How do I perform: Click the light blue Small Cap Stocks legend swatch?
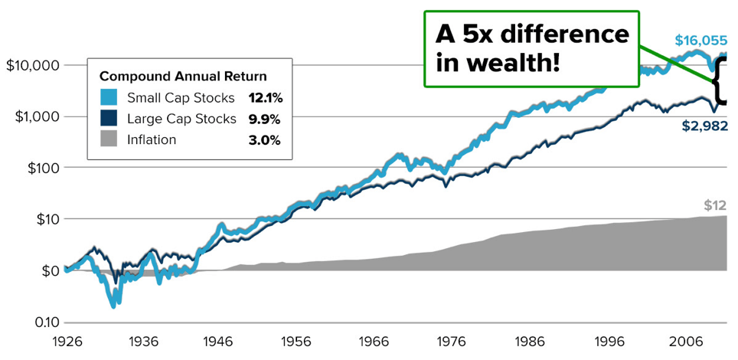(109, 98)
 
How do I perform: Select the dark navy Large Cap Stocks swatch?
(109, 119)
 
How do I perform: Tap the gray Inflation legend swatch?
(109, 139)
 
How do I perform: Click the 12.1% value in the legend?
(264, 98)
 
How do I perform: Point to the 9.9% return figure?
(264, 119)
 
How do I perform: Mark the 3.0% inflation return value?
(264, 139)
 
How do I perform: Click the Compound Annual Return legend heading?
(183, 76)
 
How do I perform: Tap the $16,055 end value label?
(700, 41)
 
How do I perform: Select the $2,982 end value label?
(704, 126)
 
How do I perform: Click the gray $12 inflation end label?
(714, 205)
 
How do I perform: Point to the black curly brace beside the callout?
(724, 80)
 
